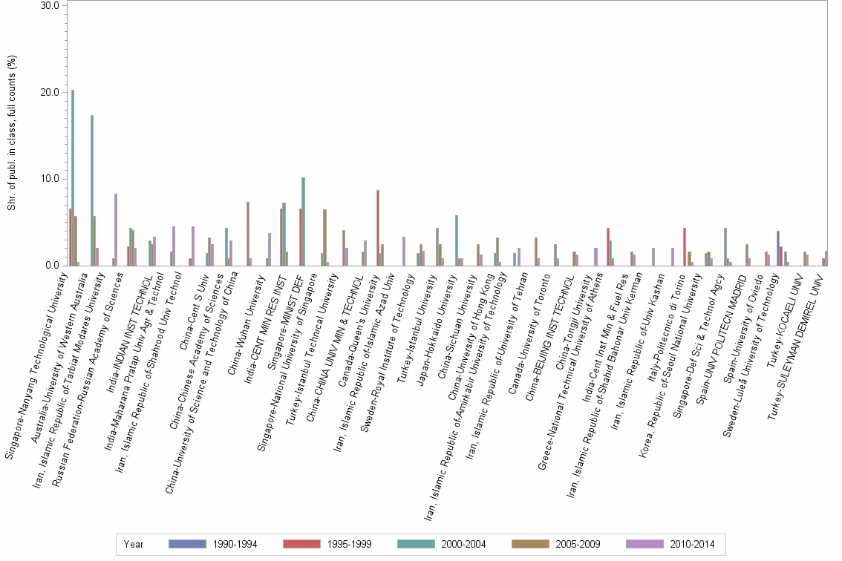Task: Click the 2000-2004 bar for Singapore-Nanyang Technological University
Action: tap(73, 178)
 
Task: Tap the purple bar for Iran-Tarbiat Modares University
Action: tap(116, 230)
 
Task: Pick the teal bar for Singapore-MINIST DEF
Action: tap(303, 222)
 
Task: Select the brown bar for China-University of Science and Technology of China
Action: tap(248, 234)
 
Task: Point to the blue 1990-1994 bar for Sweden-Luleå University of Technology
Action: tap(777, 249)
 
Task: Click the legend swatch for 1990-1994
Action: tap(188, 544)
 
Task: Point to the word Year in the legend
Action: tap(134, 544)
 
